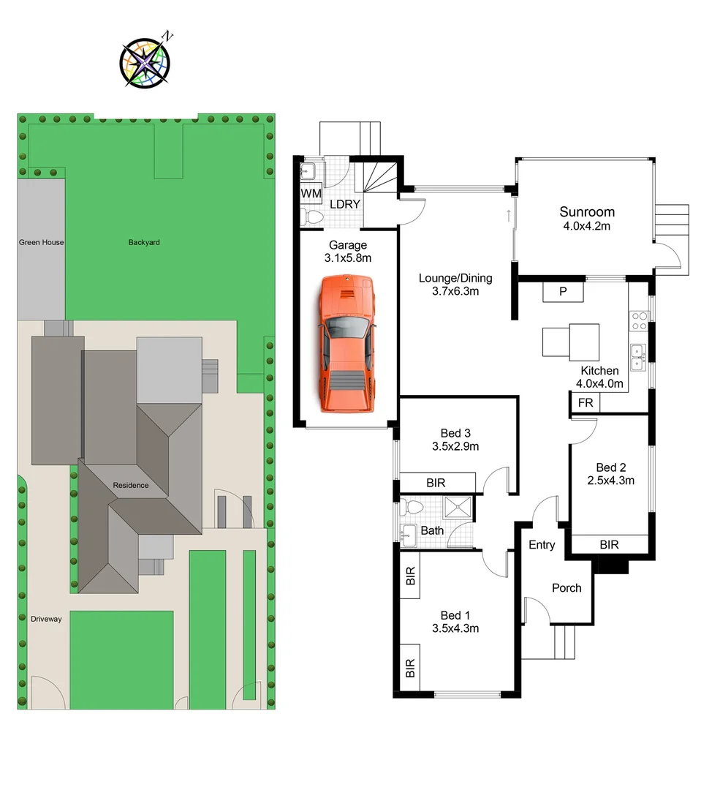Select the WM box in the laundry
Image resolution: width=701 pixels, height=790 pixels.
pyautogui.click(x=311, y=195)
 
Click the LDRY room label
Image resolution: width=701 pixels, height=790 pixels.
pyautogui.click(x=344, y=204)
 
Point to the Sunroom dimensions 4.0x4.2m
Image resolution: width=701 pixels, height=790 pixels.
pyautogui.click(x=586, y=226)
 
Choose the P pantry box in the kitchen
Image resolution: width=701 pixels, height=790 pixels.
pyautogui.click(x=563, y=291)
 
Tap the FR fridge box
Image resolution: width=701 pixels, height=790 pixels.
pyautogui.click(x=586, y=403)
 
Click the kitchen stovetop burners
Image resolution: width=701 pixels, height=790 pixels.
pyautogui.click(x=639, y=322)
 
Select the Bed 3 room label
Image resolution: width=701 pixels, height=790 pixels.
pyautogui.click(x=455, y=432)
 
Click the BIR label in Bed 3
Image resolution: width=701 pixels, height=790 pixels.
pyautogui.click(x=436, y=483)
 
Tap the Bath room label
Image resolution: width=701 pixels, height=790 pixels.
pyautogui.click(x=431, y=530)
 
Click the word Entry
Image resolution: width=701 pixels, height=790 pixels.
pyautogui.click(x=542, y=545)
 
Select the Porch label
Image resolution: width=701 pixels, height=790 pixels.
pyautogui.click(x=567, y=587)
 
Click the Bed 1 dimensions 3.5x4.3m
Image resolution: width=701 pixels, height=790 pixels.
pyautogui.click(x=455, y=628)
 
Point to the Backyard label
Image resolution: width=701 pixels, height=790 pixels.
pyautogui.click(x=144, y=242)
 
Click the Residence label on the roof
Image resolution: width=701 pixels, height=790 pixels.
pyautogui.click(x=130, y=485)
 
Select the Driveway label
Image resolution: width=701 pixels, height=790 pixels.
pyautogui.click(x=46, y=619)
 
